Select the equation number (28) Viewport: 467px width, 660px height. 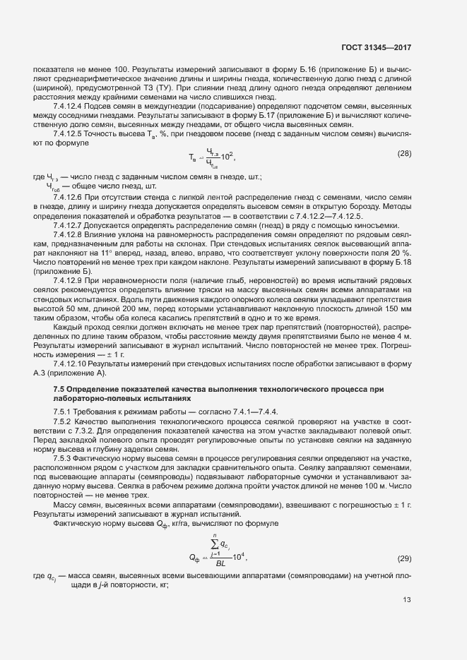[x=404, y=174]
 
